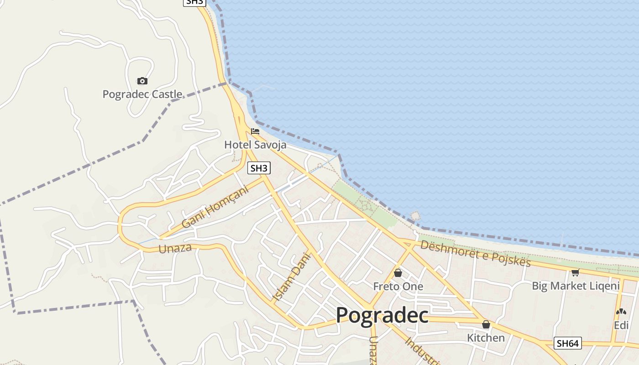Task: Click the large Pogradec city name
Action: pyautogui.click(x=382, y=315)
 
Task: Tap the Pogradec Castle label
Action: pyautogui.click(x=142, y=94)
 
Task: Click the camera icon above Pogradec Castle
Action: pyautogui.click(x=142, y=81)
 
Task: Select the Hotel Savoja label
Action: pyautogui.click(x=255, y=145)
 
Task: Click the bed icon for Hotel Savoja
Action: pyautogui.click(x=255, y=131)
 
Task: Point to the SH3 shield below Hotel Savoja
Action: pyautogui.click(x=259, y=168)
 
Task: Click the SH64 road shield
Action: pyautogui.click(x=568, y=343)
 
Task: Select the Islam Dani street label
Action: pyautogui.click(x=291, y=277)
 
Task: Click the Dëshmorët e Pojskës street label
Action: pyautogui.click(x=476, y=254)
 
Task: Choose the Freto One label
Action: pyautogui.click(x=398, y=287)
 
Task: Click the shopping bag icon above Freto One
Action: pyautogui.click(x=398, y=273)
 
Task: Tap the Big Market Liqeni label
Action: pyautogui.click(x=576, y=286)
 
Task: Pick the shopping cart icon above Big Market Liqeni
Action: pyautogui.click(x=575, y=273)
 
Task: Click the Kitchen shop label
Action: pyautogui.click(x=486, y=338)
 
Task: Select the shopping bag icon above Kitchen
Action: pyautogui.click(x=486, y=324)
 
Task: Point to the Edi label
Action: pyautogui.click(x=621, y=325)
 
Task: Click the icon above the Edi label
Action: pyautogui.click(x=621, y=312)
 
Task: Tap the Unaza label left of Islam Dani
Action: pyautogui.click(x=175, y=249)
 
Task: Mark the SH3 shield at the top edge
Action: pyautogui.click(x=194, y=2)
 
